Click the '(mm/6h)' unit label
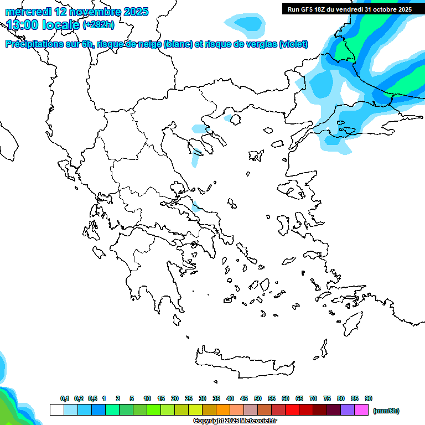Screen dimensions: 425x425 386,411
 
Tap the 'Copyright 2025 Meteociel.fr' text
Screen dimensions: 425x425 235,421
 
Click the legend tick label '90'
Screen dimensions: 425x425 369,398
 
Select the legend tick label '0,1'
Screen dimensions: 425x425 65,398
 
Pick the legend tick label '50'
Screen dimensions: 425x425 258,398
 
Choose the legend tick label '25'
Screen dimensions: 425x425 189,398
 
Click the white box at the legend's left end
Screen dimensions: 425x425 56,410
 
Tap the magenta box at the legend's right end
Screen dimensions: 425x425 361,410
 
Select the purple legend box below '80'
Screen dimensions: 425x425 348,410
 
